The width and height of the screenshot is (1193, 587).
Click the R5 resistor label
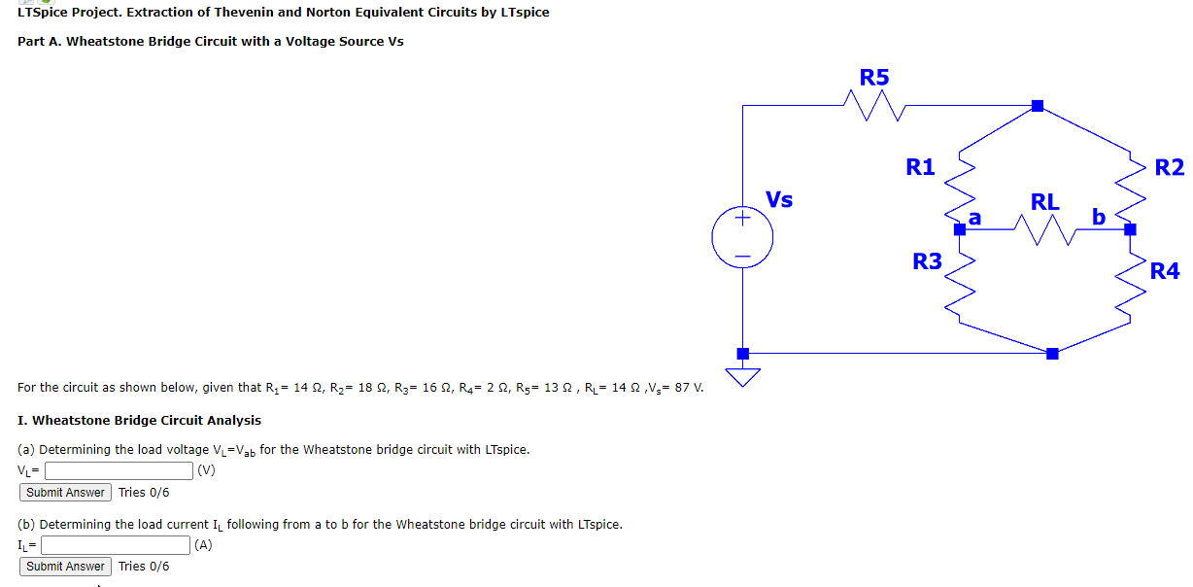pyautogui.click(x=874, y=77)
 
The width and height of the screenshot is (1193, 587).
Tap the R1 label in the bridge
pyautogui.click(x=920, y=167)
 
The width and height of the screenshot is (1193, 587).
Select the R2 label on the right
pyautogui.click(x=1170, y=167)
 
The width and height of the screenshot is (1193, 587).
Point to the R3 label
pyautogui.click(x=927, y=260)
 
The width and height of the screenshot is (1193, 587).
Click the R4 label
pyautogui.click(x=1165, y=270)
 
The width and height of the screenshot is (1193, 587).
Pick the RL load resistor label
pyautogui.click(x=1045, y=202)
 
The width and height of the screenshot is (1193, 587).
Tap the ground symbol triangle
pyautogui.click(x=743, y=376)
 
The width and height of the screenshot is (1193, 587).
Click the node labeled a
pyautogui.click(x=959, y=229)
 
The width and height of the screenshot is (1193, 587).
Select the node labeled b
pyautogui.click(x=1130, y=229)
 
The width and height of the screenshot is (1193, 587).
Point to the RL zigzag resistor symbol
pyautogui.click(x=1044, y=230)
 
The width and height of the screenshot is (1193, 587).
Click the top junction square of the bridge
pyautogui.click(x=1038, y=105)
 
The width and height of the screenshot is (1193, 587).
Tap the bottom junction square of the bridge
pyautogui.click(x=1051, y=354)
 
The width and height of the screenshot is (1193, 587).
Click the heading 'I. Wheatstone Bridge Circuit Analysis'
pyautogui.click(x=139, y=421)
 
